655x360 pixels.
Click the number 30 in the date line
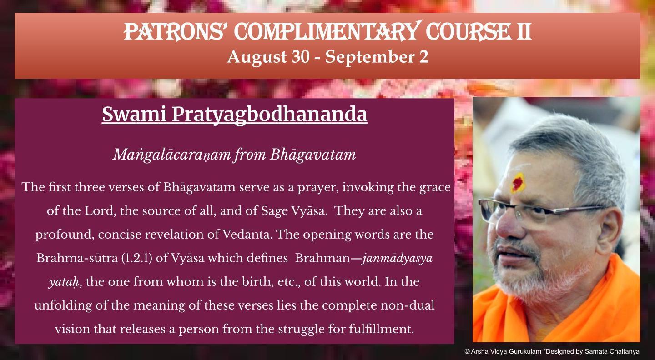click(x=300, y=56)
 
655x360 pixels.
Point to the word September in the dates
click(x=369, y=57)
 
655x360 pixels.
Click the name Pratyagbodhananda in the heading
click(x=269, y=115)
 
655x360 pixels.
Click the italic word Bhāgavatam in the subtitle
click(x=312, y=155)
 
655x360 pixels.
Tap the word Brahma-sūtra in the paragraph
click(x=77, y=258)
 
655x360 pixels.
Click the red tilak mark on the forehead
click(x=517, y=183)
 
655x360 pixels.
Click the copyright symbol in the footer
click(x=467, y=351)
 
